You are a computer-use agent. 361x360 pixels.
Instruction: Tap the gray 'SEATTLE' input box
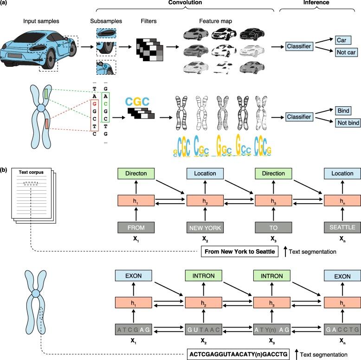tap(342, 227)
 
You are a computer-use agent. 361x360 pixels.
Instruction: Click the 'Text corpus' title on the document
tap(31, 173)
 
